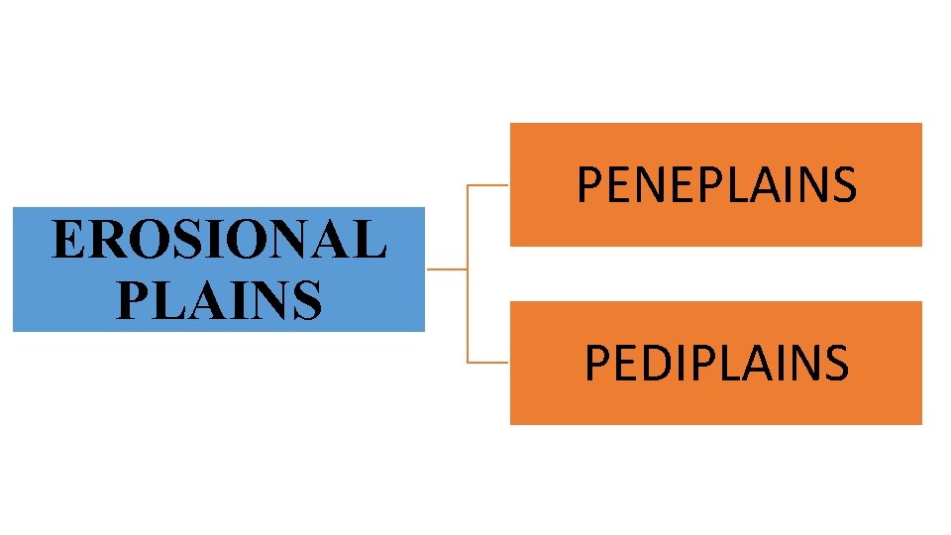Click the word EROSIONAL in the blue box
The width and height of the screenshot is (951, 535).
218,241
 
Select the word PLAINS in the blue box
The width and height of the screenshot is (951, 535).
218,298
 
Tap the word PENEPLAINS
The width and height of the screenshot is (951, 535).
716,184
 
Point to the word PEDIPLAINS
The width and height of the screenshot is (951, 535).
716,363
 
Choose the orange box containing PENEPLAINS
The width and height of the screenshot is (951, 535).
716,139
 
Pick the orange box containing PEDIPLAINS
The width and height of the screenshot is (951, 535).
716,406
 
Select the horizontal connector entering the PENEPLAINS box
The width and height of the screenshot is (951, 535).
487,184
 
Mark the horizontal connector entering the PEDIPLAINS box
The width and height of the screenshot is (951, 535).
487,362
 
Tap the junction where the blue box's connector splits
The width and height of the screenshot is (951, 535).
466,268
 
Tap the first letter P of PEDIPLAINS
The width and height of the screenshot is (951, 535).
596,363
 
